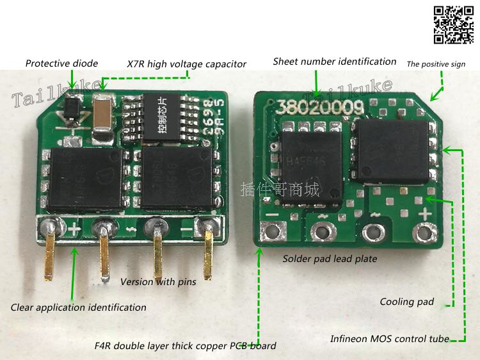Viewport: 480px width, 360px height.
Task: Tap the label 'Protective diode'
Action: (61, 63)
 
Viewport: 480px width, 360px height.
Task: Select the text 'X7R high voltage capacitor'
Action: (186, 64)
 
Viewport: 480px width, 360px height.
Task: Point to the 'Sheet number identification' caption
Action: (334, 61)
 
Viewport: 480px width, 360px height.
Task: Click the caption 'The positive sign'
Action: (436, 64)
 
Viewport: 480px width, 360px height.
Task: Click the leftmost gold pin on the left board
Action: (49, 259)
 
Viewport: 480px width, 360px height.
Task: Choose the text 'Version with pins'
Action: (157, 282)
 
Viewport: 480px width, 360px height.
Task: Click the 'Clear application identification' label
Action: (78, 307)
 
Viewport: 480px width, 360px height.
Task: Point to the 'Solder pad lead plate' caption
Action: (330, 259)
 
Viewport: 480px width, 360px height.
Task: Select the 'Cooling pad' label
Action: (406, 302)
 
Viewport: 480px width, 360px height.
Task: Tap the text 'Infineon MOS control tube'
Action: (389, 338)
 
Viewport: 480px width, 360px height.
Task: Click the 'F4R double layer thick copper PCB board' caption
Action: (185, 346)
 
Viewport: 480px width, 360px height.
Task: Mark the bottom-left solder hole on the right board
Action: (275, 231)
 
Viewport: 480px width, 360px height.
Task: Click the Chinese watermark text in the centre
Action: (279, 190)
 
